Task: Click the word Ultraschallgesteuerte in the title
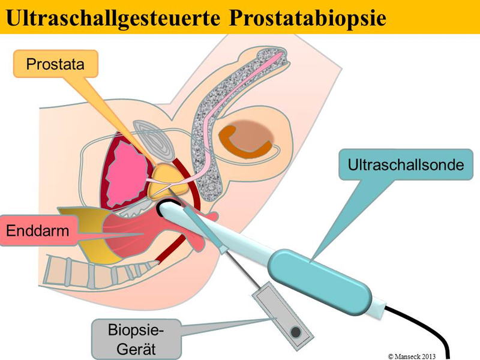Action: click(x=114, y=17)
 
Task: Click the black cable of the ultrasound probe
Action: click(x=432, y=327)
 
